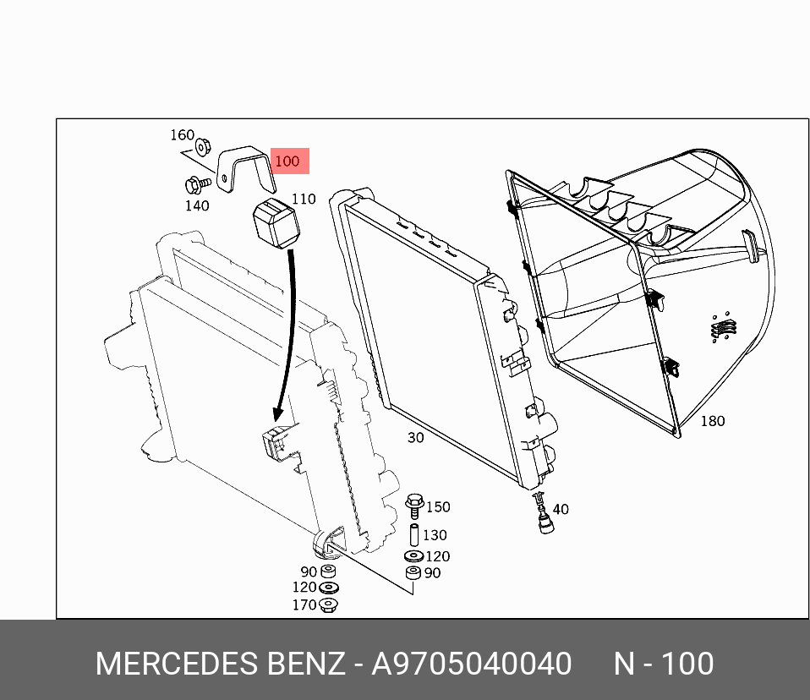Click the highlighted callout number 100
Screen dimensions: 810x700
(287, 161)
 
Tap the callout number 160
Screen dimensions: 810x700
(183, 135)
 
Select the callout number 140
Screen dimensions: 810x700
(197, 205)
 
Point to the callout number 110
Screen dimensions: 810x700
(303, 199)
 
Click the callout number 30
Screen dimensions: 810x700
(415, 437)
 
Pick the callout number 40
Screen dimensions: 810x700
(560, 509)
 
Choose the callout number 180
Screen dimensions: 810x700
(712, 420)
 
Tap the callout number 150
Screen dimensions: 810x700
(438, 507)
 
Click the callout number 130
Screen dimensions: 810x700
(435, 535)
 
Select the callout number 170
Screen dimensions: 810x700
(304, 605)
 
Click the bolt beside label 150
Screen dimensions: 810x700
(414, 506)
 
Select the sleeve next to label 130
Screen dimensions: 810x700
(414, 535)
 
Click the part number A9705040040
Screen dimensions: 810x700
(472, 664)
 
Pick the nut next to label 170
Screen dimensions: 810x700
(329, 604)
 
